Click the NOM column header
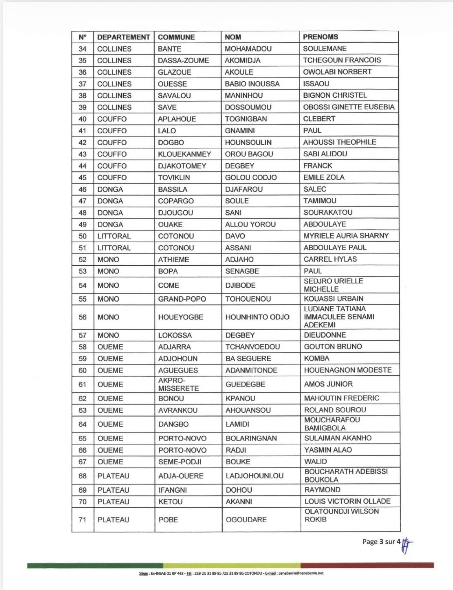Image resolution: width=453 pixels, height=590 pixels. (x=233, y=37)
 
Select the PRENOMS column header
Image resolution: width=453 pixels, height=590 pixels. (x=321, y=37)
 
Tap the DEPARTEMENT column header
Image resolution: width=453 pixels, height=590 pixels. (x=123, y=37)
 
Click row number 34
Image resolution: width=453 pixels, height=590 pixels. (x=82, y=49)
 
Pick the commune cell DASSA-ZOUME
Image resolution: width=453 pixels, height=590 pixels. (x=183, y=60)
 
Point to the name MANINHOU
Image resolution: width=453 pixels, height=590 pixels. (x=244, y=95)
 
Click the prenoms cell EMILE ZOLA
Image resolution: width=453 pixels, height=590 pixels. (x=324, y=177)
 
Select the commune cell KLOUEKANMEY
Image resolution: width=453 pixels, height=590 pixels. (x=185, y=154)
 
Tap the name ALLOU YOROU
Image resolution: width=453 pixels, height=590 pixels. (x=250, y=224)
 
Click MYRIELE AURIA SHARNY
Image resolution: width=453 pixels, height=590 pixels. (x=346, y=236)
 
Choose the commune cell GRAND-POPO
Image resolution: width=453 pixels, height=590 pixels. (x=182, y=299)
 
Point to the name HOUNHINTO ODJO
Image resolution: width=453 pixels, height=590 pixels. (x=257, y=317)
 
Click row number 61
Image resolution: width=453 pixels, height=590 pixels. (x=82, y=384)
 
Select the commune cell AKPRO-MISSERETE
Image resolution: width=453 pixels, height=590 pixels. (x=178, y=384)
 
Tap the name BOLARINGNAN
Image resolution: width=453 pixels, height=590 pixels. (x=251, y=438)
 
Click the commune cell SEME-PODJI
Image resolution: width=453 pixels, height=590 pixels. (x=180, y=462)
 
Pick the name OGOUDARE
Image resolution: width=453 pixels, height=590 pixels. (x=246, y=519)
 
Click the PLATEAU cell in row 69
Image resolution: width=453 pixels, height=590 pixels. (x=113, y=490)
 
